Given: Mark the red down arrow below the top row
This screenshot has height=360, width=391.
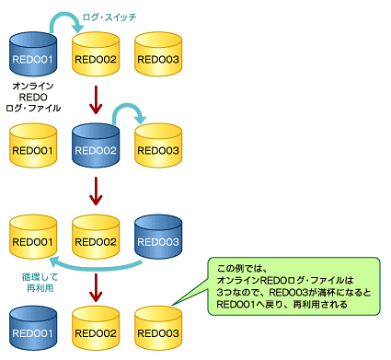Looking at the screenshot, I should tap(96, 98).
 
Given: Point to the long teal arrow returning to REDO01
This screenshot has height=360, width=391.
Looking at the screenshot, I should tap(101, 268).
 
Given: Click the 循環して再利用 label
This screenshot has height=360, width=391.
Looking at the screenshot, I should tap(36, 282).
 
